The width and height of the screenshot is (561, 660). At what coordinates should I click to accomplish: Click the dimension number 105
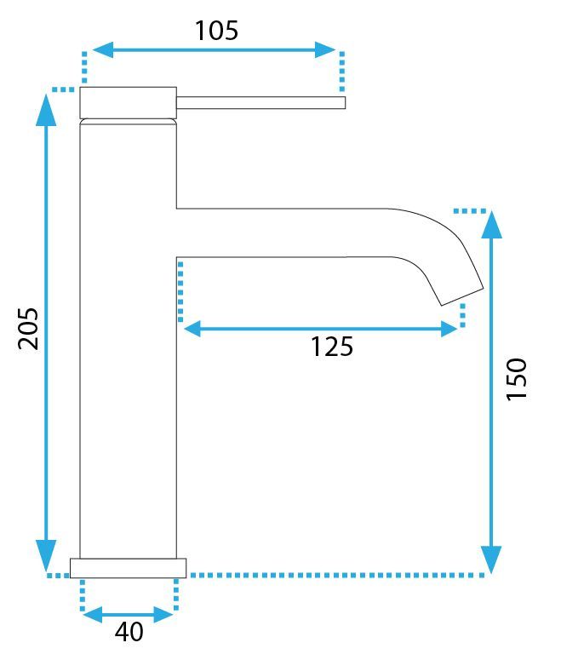216,31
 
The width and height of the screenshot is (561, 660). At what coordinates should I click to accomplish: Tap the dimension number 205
29,328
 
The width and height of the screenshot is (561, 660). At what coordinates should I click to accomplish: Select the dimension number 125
331,347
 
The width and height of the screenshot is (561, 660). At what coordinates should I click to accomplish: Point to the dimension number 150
517,379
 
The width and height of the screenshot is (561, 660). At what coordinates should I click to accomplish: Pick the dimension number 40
129,633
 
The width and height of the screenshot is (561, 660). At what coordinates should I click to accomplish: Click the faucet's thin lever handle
260,103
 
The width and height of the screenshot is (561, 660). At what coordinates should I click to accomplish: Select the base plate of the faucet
128,568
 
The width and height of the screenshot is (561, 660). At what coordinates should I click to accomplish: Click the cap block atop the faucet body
128,102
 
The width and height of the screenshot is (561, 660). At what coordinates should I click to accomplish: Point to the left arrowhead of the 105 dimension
101,49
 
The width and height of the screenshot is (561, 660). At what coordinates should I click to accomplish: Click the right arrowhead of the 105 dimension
327,49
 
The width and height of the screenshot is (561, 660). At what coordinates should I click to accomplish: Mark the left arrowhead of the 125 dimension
192,328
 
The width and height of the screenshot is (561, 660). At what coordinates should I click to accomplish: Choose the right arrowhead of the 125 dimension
449,328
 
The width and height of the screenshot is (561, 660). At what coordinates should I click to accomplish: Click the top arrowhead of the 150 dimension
491,223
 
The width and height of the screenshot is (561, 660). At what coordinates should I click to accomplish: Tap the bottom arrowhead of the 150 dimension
491,560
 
